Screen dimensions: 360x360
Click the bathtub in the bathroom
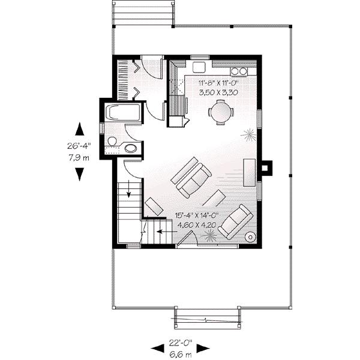[x=122, y=113]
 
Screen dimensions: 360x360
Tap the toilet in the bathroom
[x=112, y=142]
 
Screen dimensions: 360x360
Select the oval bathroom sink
[x=131, y=148]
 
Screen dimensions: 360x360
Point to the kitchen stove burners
[x=239, y=71]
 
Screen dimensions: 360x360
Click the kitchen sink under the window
[x=199, y=67]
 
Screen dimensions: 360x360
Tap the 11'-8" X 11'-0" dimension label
[x=218, y=83]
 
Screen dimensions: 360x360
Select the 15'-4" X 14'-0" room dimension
[x=197, y=215]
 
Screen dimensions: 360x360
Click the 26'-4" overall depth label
[x=79, y=146]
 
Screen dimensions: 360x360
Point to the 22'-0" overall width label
[x=180, y=343]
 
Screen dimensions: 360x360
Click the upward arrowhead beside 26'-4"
[x=80, y=129]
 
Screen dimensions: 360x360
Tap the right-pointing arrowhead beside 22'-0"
[x=203, y=348]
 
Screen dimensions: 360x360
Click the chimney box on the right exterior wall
[x=267, y=168]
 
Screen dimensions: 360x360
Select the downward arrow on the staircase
[x=129, y=189]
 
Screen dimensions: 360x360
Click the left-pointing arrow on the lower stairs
[x=167, y=232]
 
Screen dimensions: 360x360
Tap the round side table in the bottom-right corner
[x=250, y=237]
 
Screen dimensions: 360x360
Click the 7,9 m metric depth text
[x=79, y=158]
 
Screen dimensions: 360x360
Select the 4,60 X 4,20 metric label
[x=197, y=225]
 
